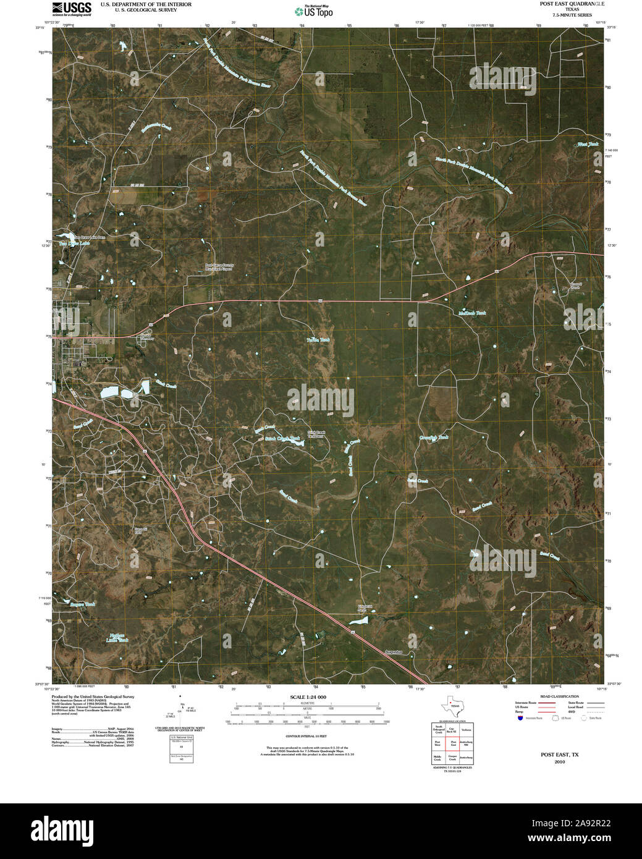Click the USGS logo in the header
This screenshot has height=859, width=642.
(x=72, y=8)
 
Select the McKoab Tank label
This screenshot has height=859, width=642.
(x=472, y=313)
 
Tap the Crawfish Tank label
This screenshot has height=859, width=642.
(x=434, y=438)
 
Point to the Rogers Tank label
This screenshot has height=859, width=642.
(x=83, y=604)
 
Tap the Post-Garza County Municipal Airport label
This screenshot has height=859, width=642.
(x=220, y=268)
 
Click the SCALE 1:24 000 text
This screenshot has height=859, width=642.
(x=307, y=697)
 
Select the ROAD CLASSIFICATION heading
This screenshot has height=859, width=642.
(x=547, y=696)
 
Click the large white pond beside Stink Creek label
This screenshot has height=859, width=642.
(x=109, y=392)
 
